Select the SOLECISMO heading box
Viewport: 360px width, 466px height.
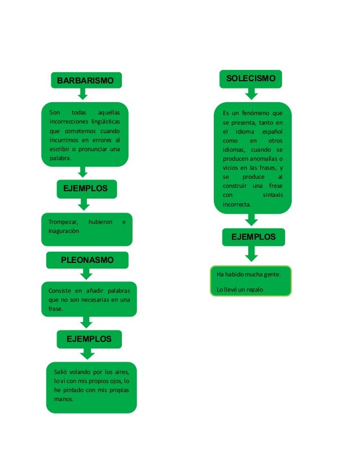click(x=251, y=79)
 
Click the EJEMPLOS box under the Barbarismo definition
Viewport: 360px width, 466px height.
click(x=86, y=188)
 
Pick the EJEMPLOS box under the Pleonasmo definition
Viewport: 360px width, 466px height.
click(x=89, y=339)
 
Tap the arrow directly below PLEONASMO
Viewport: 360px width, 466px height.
click(x=86, y=274)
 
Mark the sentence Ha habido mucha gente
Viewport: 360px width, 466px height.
click(x=249, y=274)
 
